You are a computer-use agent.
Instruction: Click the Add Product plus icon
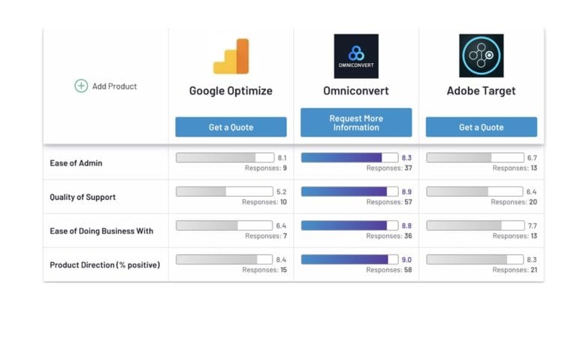tap(81, 86)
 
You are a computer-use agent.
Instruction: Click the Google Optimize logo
tap(231, 56)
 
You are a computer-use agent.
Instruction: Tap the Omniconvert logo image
tap(356, 56)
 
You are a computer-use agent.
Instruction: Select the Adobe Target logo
tap(481, 56)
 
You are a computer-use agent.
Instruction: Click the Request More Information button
tap(356, 123)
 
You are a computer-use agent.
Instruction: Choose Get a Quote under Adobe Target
tap(481, 127)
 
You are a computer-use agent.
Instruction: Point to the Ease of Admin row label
tap(76, 163)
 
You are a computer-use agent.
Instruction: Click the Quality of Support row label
tap(82, 197)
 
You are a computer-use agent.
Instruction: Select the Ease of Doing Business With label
tap(101, 231)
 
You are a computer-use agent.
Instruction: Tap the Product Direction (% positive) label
tap(104, 265)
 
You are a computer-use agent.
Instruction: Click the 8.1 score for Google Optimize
tap(282, 158)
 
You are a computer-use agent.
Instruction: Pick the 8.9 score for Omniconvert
tap(406, 192)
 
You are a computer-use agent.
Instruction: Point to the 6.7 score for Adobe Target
tap(532, 158)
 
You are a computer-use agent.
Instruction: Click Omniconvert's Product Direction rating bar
tap(350, 259)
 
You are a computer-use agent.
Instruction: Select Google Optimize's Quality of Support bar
tap(225, 192)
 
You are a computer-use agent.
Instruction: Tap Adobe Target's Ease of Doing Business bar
tap(475, 225)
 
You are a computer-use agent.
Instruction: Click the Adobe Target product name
tap(481, 91)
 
